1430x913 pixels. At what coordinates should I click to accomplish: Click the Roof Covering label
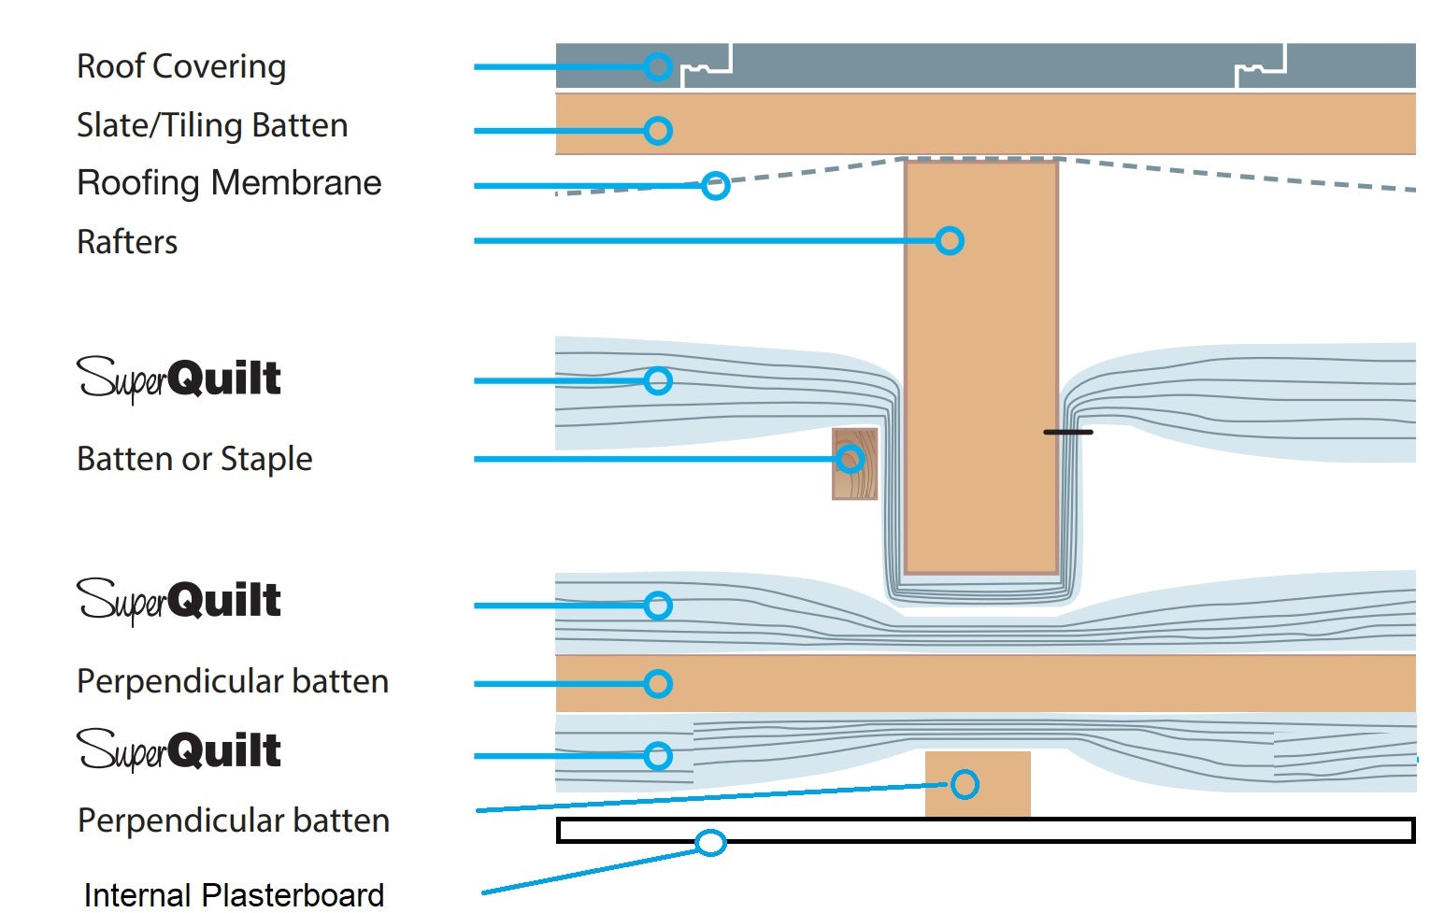[181, 66]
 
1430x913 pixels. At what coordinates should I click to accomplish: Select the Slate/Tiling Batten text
[212, 125]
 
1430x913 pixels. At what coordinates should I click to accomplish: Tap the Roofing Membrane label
[229, 183]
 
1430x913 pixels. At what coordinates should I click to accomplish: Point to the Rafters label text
[127, 242]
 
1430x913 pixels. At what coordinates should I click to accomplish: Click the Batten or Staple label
[194, 459]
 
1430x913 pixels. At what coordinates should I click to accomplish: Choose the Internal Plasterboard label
[234, 894]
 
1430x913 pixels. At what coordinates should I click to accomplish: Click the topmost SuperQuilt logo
[179, 379]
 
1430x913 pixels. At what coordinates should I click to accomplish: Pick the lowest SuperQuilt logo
[179, 750]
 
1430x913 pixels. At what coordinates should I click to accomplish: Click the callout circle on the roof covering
[658, 66]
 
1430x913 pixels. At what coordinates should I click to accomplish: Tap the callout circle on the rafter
[950, 241]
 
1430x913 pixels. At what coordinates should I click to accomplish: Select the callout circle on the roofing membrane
[716, 185]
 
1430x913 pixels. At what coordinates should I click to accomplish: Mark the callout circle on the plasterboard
[711, 843]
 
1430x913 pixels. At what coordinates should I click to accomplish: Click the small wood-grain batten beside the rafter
[855, 464]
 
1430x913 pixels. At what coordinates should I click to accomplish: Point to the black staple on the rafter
[1067, 432]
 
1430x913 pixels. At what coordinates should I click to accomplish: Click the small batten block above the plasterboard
[978, 785]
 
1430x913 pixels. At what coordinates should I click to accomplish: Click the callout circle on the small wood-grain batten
[850, 459]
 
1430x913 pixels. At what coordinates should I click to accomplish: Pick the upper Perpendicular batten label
[233, 681]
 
